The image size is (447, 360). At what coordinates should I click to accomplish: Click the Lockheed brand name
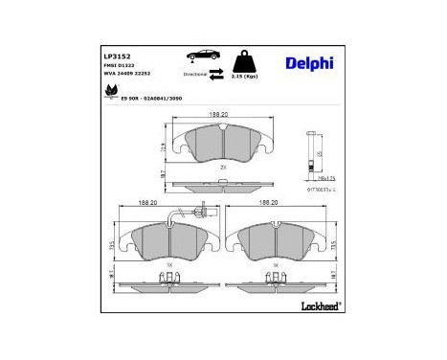[x=318, y=306]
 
